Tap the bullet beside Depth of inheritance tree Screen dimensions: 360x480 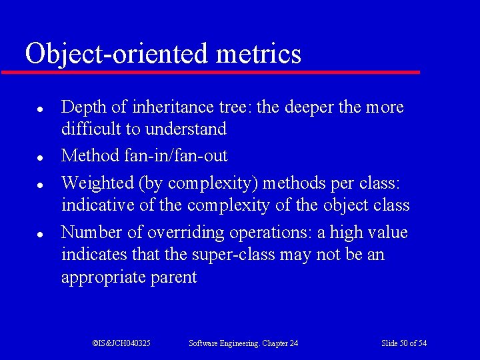41,107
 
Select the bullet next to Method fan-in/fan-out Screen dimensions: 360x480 41,158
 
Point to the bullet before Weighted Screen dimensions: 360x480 41,183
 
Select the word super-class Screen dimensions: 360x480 228,255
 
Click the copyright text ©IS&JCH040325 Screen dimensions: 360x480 121,343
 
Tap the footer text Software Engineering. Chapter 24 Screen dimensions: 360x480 243,343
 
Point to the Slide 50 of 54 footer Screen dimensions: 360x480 404,343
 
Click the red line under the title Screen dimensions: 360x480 210,72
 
